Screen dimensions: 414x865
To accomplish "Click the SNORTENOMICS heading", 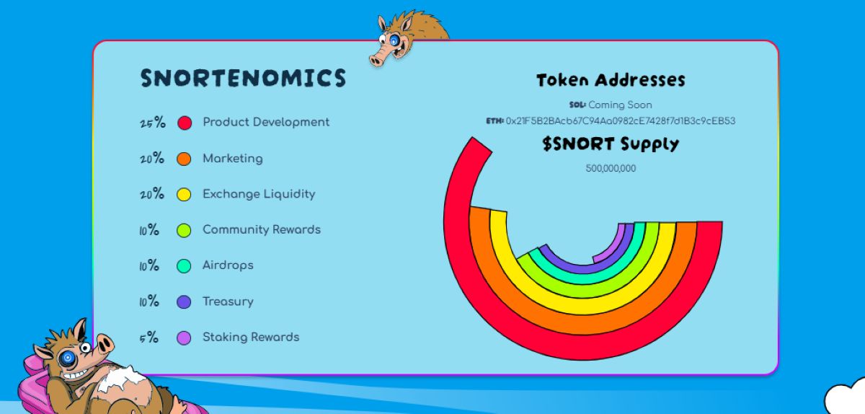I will (243, 79).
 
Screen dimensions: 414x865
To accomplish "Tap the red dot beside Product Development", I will (185, 123).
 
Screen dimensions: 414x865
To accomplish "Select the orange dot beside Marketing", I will (185, 159).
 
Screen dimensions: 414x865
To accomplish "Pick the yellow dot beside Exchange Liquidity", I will (185, 194).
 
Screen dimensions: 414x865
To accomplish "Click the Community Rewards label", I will (262, 229).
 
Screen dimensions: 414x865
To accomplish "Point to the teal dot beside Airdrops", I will (185, 265).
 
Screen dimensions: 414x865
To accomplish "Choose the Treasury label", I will (228, 301).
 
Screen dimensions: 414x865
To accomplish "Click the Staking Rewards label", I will (251, 337).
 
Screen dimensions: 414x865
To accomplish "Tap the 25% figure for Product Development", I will (153, 123).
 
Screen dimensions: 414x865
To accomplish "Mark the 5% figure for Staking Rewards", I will (149, 337).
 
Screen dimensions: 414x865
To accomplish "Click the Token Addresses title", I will (611, 80).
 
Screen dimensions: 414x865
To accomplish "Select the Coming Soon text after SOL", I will (620, 105).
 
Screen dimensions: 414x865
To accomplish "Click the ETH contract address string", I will (620, 121).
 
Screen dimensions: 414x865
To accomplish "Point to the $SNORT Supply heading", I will (611, 144).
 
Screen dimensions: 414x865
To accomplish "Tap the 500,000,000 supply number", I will (611, 169).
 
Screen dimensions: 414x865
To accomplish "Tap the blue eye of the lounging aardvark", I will (68, 357).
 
